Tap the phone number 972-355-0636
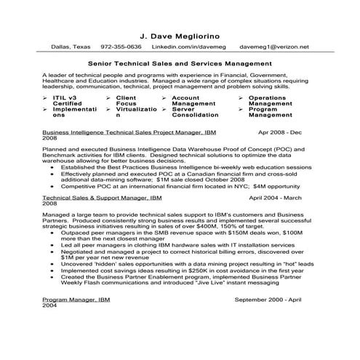point(121,47)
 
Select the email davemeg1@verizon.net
point(279,47)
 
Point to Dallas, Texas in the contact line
point(71,47)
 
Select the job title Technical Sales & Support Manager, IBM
point(99,196)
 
